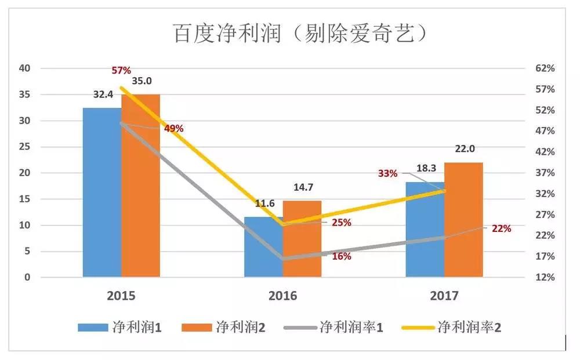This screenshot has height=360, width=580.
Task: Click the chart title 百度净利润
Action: pyautogui.click(x=301, y=33)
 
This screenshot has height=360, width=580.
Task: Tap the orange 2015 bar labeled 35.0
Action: pyautogui.click(x=140, y=186)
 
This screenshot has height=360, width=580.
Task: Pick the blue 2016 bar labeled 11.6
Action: pyautogui.click(x=263, y=247)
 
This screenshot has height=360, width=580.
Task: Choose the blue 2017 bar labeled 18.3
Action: pyautogui.click(x=425, y=230)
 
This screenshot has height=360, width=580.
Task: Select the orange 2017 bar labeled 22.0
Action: pyautogui.click(x=463, y=220)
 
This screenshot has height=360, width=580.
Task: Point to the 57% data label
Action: pyautogui.click(x=121, y=71)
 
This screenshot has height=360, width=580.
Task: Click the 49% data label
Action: pyautogui.click(x=173, y=129)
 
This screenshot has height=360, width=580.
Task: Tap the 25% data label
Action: pyautogui.click(x=341, y=223)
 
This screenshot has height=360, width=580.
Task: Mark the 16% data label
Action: pyautogui.click(x=341, y=256)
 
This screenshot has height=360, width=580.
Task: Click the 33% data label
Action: pyautogui.click(x=387, y=173)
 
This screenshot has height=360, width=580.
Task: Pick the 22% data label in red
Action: pyautogui.click(x=501, y=228)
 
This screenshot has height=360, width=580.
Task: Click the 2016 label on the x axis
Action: pyautogui.click(x=282, y=296)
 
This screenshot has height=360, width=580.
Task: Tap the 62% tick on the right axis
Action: pyautogui.click(x=545, y=68)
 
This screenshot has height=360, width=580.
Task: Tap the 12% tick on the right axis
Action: pyautogui.click(x=545, y=278)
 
